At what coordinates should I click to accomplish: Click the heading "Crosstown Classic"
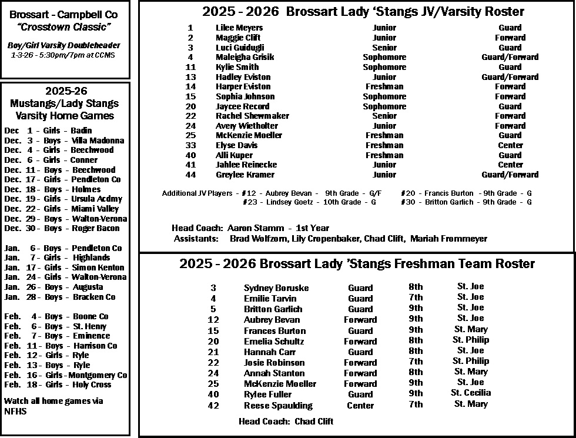65,28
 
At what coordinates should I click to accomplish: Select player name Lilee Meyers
239,28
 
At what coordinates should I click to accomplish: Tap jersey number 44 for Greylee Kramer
190,175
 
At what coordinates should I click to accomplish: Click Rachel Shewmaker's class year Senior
384,116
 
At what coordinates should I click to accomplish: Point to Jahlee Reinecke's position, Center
510,165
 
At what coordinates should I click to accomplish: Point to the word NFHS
15,412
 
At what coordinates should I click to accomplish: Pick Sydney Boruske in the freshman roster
276,288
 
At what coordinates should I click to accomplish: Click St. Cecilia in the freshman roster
470,393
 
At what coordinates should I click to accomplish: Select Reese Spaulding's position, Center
360,406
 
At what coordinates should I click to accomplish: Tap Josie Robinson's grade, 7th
416,361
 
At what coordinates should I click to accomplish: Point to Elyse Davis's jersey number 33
190,145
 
